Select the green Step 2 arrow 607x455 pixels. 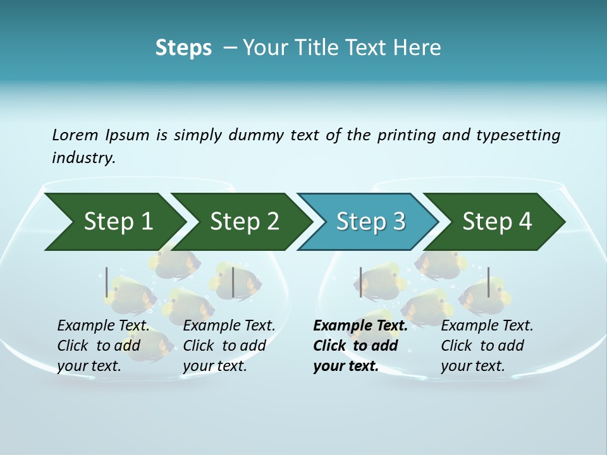tap(244, 222)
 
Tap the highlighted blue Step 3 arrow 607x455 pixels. tap(371, 222)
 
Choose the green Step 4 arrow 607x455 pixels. tap(497, 222)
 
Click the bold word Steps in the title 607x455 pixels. tap(183, 47)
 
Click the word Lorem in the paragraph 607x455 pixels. tap(75, 135)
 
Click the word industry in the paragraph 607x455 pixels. tap(83, 157)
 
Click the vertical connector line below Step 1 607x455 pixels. tap(107, 282)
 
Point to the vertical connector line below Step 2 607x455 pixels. tap(233, 282)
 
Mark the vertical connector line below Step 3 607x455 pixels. tap(361, 282)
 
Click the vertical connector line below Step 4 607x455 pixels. tap(488, 282)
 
